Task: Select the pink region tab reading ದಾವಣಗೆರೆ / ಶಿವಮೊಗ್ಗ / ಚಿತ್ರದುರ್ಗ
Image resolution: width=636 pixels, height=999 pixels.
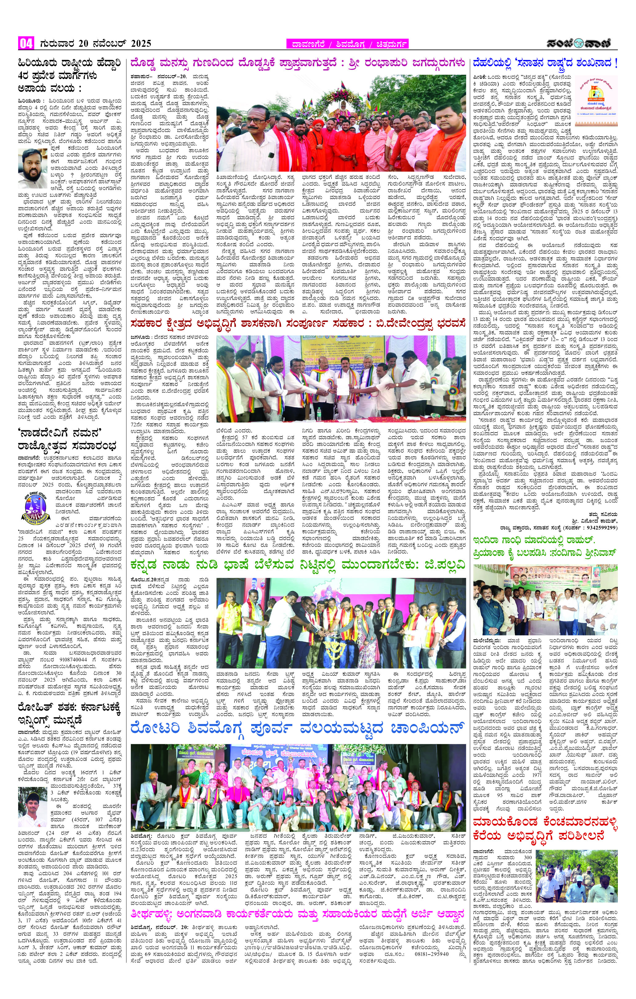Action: click(x=347, y=44)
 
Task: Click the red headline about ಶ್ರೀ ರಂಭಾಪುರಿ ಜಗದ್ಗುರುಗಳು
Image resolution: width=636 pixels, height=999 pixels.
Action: click(x=297, y=63)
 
